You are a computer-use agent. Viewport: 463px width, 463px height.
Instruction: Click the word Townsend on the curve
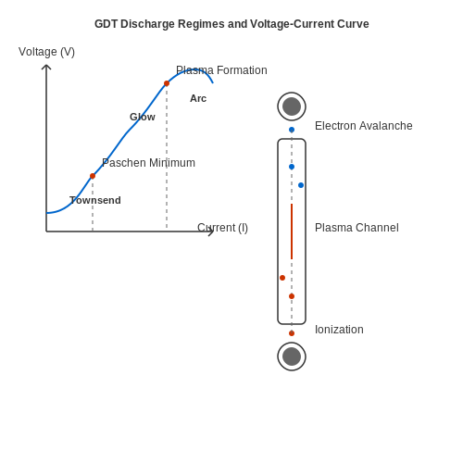tap(95, 200)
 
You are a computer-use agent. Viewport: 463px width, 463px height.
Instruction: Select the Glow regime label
tap(143, 117)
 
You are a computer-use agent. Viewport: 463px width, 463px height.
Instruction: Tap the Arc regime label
tap(198, 98)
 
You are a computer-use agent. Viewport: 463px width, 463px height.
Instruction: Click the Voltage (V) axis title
tap(46, 52)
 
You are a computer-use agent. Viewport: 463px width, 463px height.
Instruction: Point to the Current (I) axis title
tap(222, 228)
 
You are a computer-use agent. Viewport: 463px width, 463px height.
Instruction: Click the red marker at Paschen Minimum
tap(93, 176)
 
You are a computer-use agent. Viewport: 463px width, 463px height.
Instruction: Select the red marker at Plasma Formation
tap(167, 83)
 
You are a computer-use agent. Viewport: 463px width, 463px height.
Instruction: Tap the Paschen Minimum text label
tap(148, 163)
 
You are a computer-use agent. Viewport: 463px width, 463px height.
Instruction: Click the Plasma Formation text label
tap(221, 70)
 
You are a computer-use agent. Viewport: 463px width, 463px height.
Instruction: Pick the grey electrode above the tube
tap(292, 106)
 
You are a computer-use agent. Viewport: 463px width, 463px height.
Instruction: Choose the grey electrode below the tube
tap(292, 357)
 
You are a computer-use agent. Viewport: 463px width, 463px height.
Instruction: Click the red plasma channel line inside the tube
tap(292, 231)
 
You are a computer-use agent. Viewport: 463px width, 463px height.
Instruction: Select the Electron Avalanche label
tap(364, 126)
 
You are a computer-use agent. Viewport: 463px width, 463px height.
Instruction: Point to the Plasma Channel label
tap(357, 228)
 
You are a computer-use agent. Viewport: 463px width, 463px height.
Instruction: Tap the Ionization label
tap(339, 330)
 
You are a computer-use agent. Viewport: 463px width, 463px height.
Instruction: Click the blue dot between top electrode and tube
tap(292, 130)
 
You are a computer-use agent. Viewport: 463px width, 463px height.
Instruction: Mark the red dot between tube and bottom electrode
tap(292, 333)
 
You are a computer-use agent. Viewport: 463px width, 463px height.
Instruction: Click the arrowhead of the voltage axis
tap(46, 65)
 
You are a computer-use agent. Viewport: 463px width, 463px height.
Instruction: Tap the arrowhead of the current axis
tap(213, 231)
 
